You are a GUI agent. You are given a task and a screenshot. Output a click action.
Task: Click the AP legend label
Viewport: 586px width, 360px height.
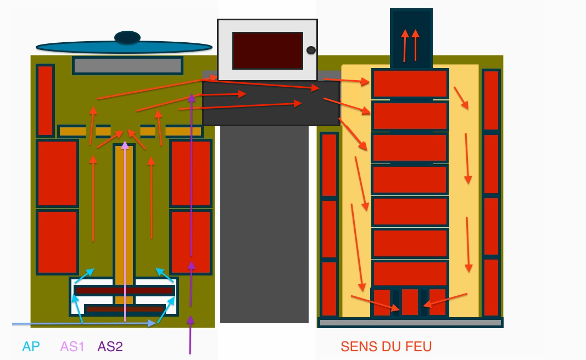[31, 347]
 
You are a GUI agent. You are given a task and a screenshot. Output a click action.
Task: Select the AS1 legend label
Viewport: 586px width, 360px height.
[72, 347]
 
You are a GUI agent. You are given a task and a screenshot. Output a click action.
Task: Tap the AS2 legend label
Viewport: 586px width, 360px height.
[110, 347]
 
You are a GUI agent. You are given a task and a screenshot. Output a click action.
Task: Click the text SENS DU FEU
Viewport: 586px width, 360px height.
[386, 347]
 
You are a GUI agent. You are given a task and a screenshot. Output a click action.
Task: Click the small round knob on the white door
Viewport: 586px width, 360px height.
[311, 50]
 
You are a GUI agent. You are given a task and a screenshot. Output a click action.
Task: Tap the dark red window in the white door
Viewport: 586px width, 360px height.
[267, 50]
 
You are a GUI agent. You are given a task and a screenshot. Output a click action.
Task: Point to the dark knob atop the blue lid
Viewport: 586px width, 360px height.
[127, 37]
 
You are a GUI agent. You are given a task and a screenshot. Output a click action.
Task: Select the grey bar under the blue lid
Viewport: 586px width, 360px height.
[127, 66]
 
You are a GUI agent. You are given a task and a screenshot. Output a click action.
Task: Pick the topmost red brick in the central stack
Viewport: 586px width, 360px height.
[410, 84]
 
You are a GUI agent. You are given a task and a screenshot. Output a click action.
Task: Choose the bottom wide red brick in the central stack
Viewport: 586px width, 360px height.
[410, 274]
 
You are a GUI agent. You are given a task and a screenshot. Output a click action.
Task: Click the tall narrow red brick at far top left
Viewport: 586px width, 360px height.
[45, 100]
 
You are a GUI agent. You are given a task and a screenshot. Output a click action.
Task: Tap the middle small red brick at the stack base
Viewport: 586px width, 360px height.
[410, 302]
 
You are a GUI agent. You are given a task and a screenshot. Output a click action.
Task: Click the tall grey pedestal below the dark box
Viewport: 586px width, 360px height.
[264, 224]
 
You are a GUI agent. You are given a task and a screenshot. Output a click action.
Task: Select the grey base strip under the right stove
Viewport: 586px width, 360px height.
[410, 323]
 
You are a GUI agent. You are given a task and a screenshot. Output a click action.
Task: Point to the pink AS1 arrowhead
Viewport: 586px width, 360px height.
[125, 145]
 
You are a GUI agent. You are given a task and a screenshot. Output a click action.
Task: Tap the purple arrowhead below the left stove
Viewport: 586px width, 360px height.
[190, 319]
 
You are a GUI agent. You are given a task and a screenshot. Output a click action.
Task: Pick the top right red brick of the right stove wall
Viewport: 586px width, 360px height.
[491, 100]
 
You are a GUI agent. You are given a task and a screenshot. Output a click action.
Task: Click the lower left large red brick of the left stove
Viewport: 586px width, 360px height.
[57, 241]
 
